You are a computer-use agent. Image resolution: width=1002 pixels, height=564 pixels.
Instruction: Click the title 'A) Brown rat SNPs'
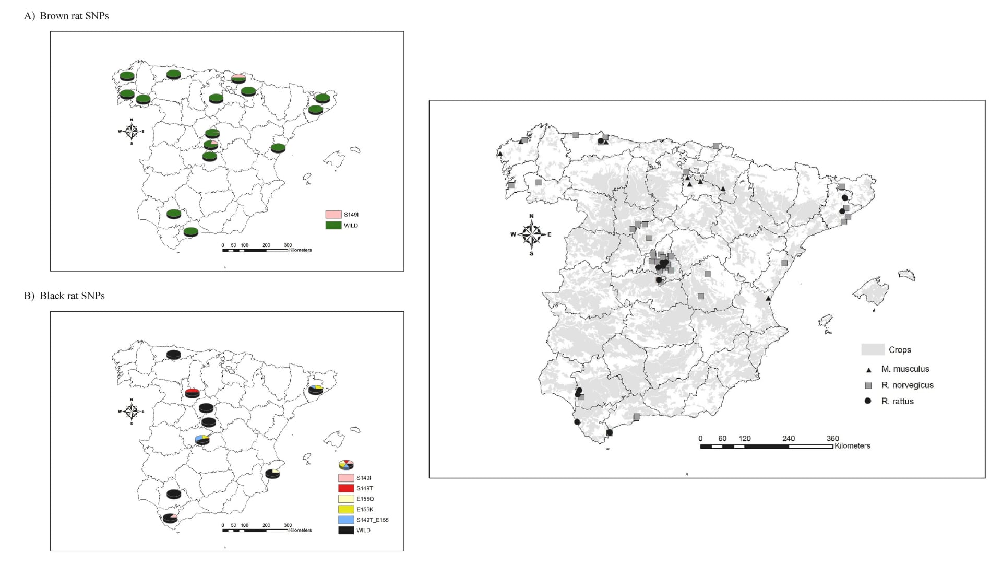point(66,16)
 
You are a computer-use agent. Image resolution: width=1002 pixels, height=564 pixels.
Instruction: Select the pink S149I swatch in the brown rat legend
point(333,215)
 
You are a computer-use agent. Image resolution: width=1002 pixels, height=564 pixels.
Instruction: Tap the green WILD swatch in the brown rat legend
point(333,226)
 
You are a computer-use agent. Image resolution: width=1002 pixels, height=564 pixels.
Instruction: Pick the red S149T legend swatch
point(346,488)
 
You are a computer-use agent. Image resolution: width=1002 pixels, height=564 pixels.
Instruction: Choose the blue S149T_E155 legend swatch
point(346,520)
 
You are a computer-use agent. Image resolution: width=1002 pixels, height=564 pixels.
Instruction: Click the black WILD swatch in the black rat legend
point(346,530)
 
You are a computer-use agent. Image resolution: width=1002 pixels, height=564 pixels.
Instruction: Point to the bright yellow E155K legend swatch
point(346,509)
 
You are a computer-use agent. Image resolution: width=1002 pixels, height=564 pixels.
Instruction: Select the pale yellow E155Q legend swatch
point(346,499)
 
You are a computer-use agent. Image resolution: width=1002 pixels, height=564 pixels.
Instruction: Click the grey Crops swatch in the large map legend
point(873,349)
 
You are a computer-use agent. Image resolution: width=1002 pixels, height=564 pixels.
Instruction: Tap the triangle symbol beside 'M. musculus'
point(869,370)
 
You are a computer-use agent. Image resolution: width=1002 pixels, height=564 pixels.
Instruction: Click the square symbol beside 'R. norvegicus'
point(868,385)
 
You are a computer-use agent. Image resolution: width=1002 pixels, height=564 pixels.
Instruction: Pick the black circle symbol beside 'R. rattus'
point(868,401)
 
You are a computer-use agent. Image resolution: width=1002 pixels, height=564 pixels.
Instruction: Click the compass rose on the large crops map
point(531,234)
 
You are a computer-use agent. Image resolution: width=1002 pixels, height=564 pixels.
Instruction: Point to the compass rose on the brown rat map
point(132,131)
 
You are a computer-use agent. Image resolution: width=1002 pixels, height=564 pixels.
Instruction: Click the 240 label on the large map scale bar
point(788,439)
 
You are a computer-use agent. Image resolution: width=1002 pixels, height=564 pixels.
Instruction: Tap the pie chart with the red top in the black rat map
point(192,393)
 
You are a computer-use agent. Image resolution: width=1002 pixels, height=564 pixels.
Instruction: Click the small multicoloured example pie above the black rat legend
point(346,465)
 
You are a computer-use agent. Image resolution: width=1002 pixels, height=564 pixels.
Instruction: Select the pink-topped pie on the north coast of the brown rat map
point(238,78)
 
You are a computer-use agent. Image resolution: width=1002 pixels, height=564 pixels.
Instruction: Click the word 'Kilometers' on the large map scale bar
point(852,446)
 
